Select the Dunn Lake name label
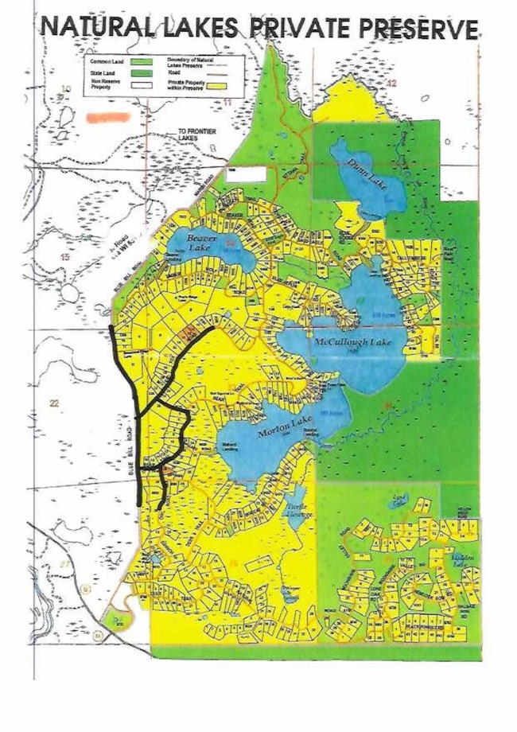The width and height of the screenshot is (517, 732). [367, 168]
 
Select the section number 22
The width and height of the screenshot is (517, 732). [54, 404]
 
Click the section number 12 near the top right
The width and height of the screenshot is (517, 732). [391, 83]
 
